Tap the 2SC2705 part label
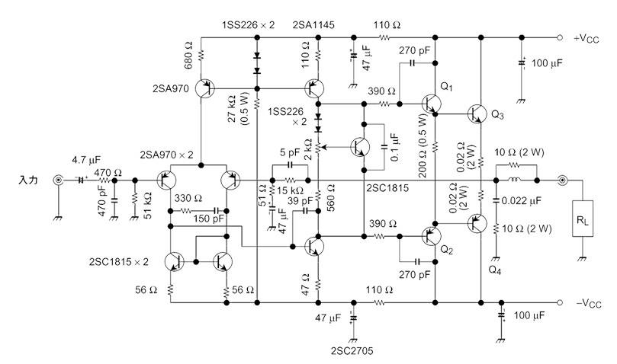pos(352,352)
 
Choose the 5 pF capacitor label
pos(291,152)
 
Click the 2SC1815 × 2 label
pos(118,261)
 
